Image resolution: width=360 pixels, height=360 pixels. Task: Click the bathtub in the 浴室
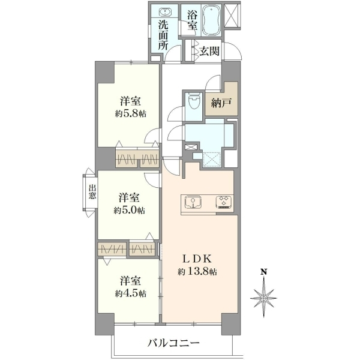[x=211, y=20]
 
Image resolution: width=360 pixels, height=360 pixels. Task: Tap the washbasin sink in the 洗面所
[x=164, y=12]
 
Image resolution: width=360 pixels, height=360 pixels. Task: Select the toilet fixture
[x=193, y=103]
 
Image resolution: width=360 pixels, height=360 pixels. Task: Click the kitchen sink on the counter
[x=193, y=202]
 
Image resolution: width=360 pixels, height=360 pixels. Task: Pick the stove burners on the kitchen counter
[x=224, y=202]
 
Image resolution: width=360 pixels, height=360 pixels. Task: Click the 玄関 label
[x=209, y=51]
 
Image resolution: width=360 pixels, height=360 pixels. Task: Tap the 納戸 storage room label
[x=221, y=103]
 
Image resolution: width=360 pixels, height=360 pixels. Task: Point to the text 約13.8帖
[x=197, y=272]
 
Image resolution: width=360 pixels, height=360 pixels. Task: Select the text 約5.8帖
[x=130, y=113]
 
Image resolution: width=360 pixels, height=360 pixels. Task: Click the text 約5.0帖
[x=129, y=210]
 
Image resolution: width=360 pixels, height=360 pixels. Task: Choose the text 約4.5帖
[x=130, y=293]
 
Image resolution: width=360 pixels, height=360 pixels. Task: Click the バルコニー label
[x=173, y=344]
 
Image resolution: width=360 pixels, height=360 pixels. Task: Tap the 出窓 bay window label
[x=92, y=192]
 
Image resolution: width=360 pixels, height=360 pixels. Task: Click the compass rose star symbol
[x=264, y=298]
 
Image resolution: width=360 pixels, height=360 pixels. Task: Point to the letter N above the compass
[x=264, y=272]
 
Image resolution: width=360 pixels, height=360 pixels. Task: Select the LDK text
[x=197, y=259]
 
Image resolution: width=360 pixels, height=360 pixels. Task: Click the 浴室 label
[x=192, y=20]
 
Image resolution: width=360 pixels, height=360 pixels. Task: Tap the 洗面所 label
[x=163, y=35]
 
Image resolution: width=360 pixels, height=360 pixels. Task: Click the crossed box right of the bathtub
[x=232, y=15]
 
